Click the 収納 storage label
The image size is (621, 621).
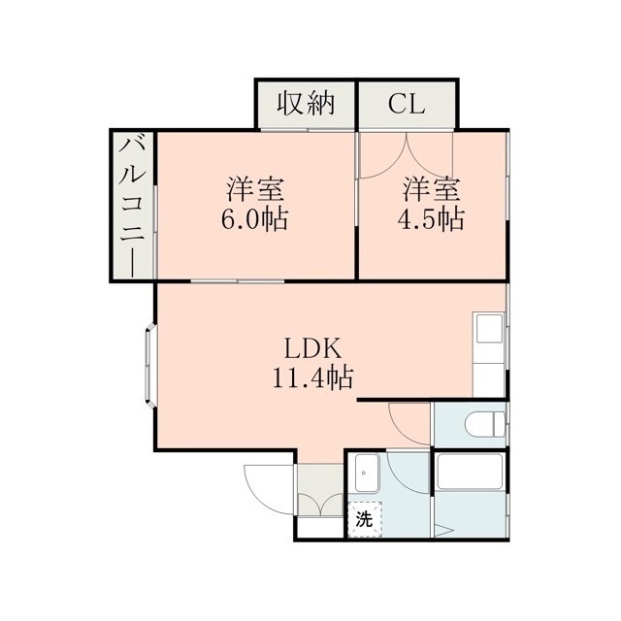point(306,104)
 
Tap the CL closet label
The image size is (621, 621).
point(407,105)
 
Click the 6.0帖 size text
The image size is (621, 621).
point(254,218)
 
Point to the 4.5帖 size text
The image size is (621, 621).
point(431,218)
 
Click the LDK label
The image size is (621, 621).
point(312,349)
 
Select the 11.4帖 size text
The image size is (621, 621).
point(312,377)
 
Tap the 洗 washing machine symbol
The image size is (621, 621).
point(365,519)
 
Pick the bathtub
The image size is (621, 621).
point(470,472)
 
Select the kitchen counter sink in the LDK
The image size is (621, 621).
point(490,328)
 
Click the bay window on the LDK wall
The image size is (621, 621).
point(150,365)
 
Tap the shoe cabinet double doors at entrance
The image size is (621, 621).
point(321,504)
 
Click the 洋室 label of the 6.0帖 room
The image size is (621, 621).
point(254,189)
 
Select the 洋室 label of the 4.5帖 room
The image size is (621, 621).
point(431,189)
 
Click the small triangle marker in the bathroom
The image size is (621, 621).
point(444,531)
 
